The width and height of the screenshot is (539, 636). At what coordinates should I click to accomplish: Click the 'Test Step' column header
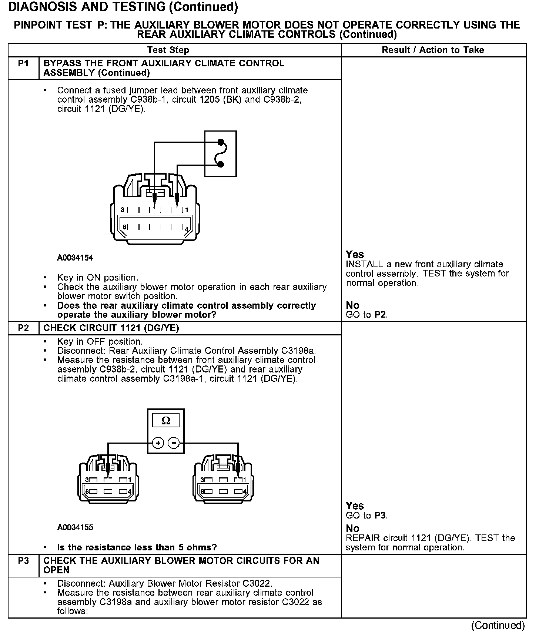click(x=168, y=50)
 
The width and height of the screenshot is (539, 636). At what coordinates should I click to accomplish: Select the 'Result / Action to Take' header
click(x=433, y=50)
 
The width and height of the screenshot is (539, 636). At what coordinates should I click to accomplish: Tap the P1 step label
click(x=23, y=63)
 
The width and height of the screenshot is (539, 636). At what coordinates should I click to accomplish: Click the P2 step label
click(x=23, y=328)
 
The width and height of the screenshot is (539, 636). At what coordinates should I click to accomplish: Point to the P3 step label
click(x=23, y=560)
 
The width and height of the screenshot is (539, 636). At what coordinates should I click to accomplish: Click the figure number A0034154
click(x=75, y=258)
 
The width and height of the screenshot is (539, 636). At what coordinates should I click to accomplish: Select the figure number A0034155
click(x=75, y=527)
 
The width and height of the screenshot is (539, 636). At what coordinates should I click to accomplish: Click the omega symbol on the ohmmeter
click(x=166, y=421)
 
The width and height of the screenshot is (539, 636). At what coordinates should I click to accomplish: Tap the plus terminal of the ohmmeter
click(x=158, y=443)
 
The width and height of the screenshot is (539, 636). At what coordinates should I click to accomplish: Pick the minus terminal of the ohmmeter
click(x=174, y=443)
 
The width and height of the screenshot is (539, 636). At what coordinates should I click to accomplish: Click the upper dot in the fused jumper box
click(x=221, y=142)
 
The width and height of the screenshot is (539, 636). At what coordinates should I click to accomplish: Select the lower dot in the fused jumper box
click(x=221, y=164)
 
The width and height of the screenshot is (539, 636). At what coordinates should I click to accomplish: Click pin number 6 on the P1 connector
click(x=124, y=227)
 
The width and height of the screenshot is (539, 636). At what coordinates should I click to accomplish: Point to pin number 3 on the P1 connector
click(x=123, y=210)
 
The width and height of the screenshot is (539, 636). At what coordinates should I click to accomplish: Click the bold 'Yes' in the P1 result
click(x=355, y=255)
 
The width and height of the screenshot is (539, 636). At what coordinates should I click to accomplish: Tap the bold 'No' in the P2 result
click(x=352, y=528)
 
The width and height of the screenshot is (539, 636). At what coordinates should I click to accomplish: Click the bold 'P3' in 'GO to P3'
click(x=380, y=516)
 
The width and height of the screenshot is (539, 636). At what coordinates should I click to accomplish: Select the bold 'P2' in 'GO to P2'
click(x=380, y=315)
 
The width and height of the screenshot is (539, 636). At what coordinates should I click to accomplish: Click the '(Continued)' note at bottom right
click(x=498, y=626)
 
